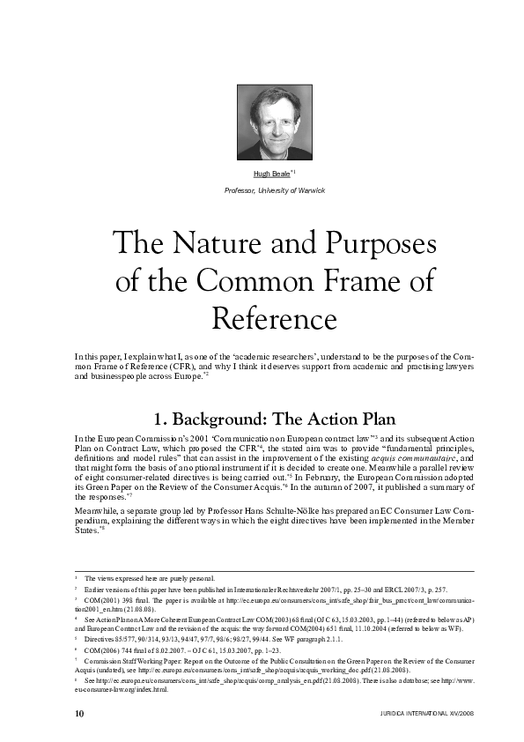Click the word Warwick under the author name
(311, 190)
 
